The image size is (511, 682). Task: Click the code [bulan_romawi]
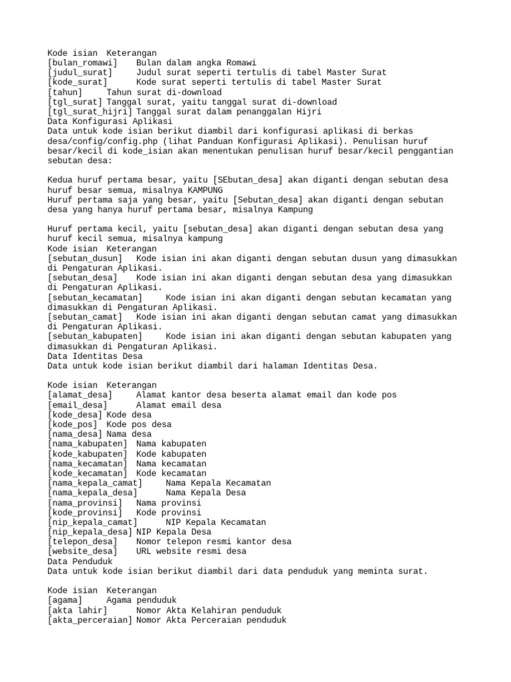83,62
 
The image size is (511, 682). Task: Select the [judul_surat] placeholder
80,72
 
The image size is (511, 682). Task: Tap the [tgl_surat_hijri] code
90,111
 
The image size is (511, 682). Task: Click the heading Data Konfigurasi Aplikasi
110,121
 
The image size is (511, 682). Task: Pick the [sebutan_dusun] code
85,258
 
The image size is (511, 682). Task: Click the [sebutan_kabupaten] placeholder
94,336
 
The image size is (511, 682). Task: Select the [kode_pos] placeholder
73,424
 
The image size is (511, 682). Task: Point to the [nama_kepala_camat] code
94,483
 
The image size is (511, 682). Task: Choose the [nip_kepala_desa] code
90,532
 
